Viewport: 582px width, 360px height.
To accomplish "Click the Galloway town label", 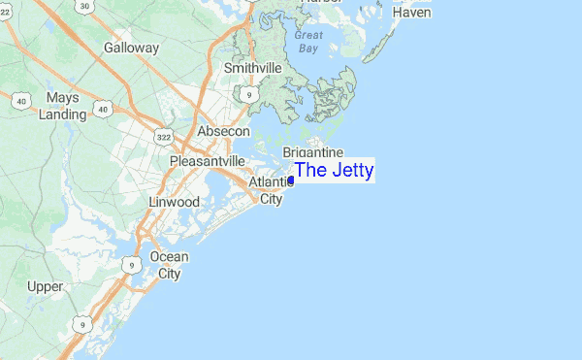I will pyautogui.click(x=131, y=47).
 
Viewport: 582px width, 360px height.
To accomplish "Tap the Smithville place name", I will pyautogui.click(x=252, y=68).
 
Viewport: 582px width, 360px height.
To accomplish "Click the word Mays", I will pyautogui.click(x=61, y=98).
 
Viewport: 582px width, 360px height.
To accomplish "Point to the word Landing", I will pyautogui.click(x=62, y=115).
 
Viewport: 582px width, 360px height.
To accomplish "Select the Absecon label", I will pyautogui.click(x=223, y=131).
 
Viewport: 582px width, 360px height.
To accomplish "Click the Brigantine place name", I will pyautogui.click(x=313, y=152).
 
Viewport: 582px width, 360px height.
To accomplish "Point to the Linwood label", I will pyautogui.click(x=174, y=202).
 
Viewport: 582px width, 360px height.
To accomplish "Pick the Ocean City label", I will pyautogui.click(x=169, y=265).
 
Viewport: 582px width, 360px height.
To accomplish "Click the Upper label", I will pyautogui.click(x=45, y=286).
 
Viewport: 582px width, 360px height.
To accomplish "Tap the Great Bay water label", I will pyautogui.click(x=308, y=40).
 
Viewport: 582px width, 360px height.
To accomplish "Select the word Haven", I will pyautogui.click(x=411, y=12).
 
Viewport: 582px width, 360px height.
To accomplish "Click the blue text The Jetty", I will pyautogui.click(x=334, y=171).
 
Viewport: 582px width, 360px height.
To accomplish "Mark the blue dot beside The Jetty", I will pyautogui.click(x=291, y=180).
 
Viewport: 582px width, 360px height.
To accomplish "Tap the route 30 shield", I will pyautogui.click(x=86, y=7).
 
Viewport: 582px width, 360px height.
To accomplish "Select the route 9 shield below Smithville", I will pyautogui.click(x=249, y=94).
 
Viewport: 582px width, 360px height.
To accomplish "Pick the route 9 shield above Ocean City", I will pyautogui.click(x=130, y=263).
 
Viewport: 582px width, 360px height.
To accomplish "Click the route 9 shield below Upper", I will pyautogui.click(x=84, y=323).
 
